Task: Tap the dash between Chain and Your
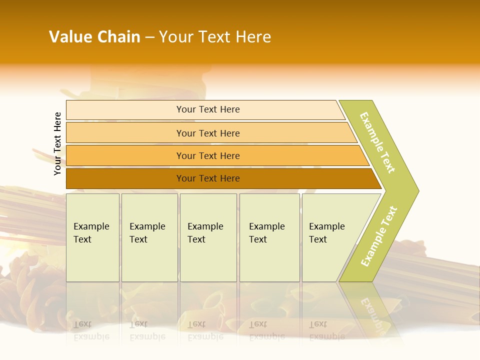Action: [149, 37]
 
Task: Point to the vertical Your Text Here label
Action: [57, 143]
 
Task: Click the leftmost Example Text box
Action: [92, 237]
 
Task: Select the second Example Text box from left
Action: [149, 237]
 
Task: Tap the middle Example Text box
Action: [207, 237]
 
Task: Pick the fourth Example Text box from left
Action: [269, 237]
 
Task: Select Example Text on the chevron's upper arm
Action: [377, 142]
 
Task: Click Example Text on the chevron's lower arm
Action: [379, 236]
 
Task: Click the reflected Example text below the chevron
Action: [372, 315]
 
